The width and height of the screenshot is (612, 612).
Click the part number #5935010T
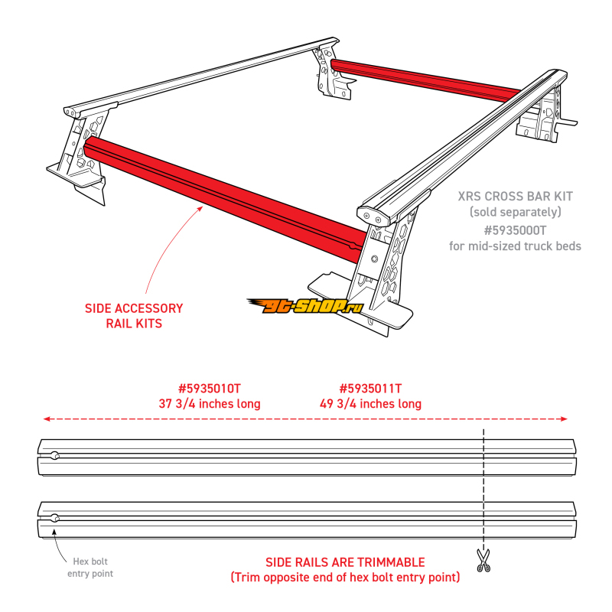(209, 388)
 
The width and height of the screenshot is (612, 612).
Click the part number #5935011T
(370, 388)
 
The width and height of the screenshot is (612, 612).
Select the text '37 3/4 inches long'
(209, 403)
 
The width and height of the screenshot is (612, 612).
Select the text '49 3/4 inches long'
(370, 403)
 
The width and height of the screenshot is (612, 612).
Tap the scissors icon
(483, 560)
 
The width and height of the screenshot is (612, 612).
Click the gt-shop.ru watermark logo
(304, 307)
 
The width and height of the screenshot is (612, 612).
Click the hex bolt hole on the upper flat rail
(55, 455)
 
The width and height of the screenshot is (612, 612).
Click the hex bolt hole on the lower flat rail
(55, 519)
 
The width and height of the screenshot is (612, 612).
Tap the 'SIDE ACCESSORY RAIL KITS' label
(134, 316)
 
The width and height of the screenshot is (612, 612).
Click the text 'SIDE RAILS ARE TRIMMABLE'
(345, 562)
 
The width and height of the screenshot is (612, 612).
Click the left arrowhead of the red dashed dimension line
(46, 419)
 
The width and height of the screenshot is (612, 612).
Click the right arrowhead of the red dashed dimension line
(565, 419)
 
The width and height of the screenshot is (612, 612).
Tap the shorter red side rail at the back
(428, 79)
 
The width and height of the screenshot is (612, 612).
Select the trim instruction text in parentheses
(345, 578)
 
